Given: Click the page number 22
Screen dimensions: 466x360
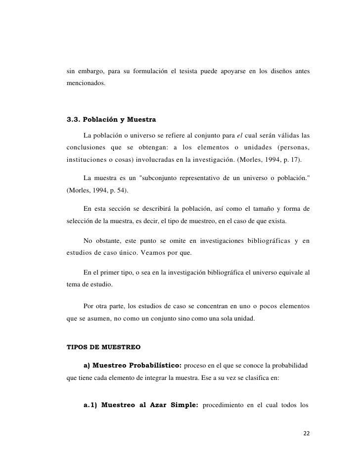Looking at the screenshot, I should click(x=307, y=433).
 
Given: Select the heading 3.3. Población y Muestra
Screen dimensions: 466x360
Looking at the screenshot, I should click(x=111, y=119).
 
